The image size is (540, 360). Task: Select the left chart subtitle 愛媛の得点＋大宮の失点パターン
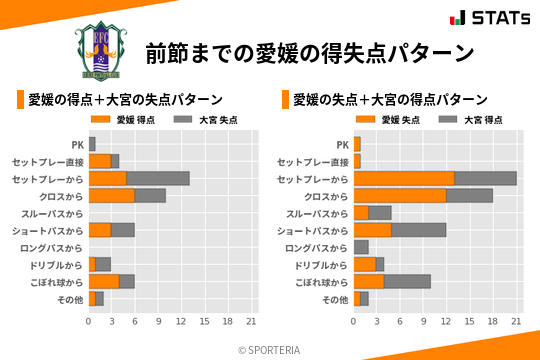124,100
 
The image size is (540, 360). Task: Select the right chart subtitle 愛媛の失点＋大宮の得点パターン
390,100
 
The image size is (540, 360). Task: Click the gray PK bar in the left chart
92,144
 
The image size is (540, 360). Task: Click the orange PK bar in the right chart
357,144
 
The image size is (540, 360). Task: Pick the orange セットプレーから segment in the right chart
404,178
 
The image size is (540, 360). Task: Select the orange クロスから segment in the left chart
111,196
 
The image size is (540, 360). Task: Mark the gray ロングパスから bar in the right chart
361,247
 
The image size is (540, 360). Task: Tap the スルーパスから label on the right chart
317,213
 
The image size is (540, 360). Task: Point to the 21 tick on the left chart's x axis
251,321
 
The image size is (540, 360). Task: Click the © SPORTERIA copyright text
270,349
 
